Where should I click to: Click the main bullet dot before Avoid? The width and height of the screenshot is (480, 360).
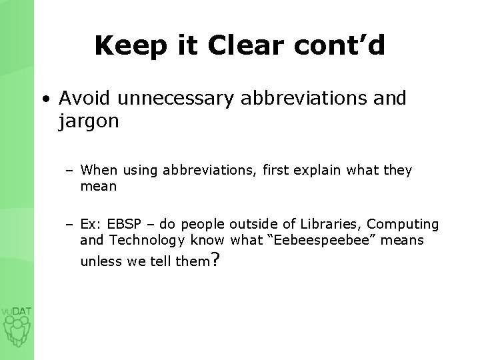44,99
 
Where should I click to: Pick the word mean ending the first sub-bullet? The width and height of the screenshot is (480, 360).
99,187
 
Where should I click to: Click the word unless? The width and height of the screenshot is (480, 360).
100,261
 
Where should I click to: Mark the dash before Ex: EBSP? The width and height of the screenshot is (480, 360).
70,225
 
